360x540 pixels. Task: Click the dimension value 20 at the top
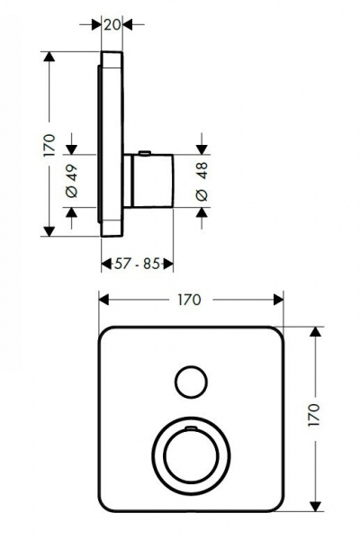112,26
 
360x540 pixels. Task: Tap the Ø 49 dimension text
72,184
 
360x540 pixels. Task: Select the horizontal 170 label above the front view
190,300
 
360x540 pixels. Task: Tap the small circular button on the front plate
191,382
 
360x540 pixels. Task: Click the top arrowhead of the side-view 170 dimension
49,58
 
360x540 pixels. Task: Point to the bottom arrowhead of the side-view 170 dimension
49,231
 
